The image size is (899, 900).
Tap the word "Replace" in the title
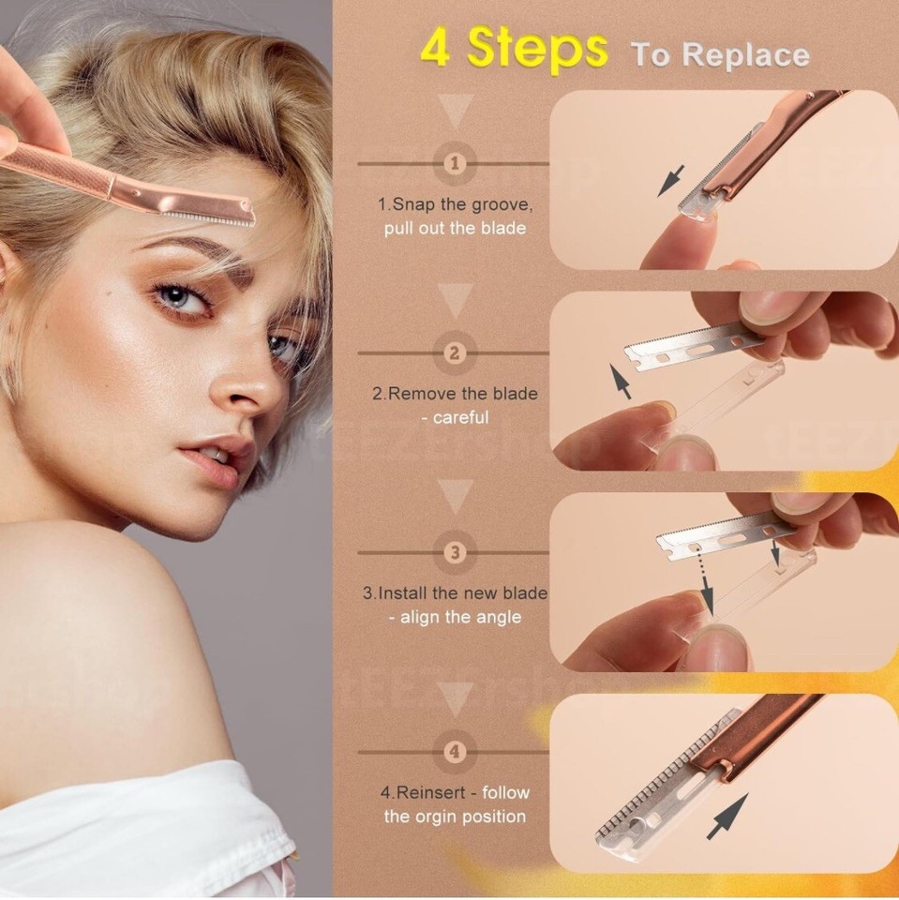coord(745,54)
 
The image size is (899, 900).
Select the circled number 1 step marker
coord(456,164)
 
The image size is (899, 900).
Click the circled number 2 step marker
coord(456,353)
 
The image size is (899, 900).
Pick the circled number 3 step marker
coord(456,552)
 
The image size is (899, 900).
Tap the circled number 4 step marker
coord(456,751)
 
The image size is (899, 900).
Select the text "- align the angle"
coord(455,617)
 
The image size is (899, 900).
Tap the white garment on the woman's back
coord(141,830)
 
